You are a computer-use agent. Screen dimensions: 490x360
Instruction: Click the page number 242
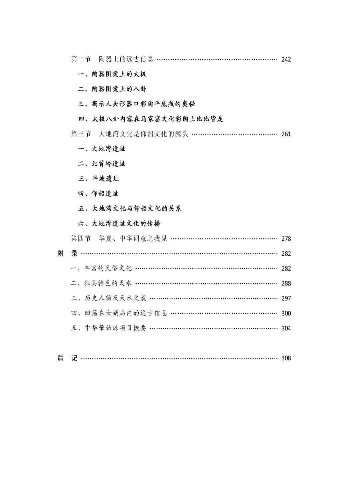[286, 60]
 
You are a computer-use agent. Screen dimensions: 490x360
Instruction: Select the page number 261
[286, 134]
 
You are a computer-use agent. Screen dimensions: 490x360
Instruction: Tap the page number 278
[286, 239]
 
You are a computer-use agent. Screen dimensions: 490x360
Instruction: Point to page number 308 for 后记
[286, 358]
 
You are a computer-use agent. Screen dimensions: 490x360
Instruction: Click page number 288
[286, 283]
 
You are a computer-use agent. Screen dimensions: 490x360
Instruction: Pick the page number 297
[286, 298]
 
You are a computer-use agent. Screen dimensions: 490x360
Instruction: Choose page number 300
[286, 313]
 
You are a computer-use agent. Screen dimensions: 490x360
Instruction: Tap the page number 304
[286, 328]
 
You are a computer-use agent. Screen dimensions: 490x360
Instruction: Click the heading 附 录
[67, 253]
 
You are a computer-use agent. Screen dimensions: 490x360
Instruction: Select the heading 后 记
[67, 358]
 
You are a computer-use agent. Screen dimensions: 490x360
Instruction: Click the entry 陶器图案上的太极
[112, 74]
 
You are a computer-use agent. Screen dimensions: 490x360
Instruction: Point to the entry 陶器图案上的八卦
[112, 89]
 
